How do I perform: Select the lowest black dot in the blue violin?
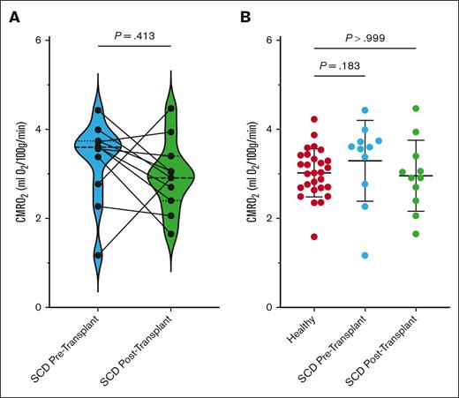98,255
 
